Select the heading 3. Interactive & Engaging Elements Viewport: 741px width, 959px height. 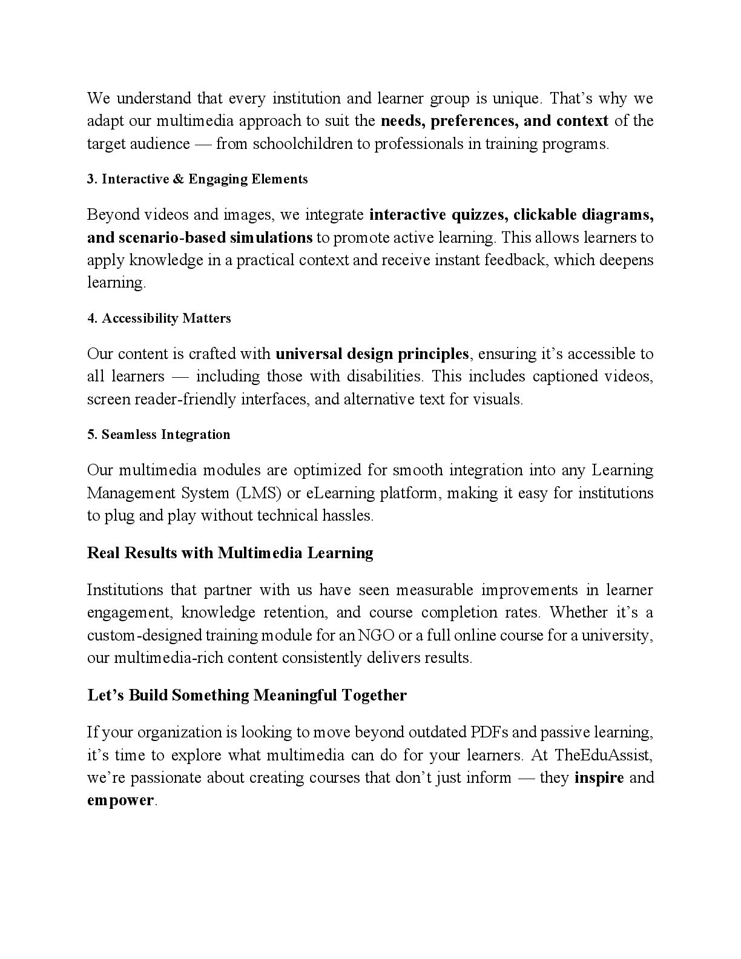tap(197, 179)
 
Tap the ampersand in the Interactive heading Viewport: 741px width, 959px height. tap(181, 179)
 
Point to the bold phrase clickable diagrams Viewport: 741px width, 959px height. tap(583, 215)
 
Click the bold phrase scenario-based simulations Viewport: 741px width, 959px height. tap(200, 237)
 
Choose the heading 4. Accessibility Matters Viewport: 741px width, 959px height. tap(159, 318)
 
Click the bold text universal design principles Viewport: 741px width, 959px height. tap(372, 354)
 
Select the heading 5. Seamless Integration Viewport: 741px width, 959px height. tap(159, 435)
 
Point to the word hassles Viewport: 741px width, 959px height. tap(347, 516)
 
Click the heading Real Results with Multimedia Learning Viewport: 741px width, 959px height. tap(230, 553)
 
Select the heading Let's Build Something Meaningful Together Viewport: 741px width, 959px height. tap(247, 696)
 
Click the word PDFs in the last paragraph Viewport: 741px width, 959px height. tap(489, 733)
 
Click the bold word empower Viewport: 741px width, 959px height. tap(120, 801)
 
